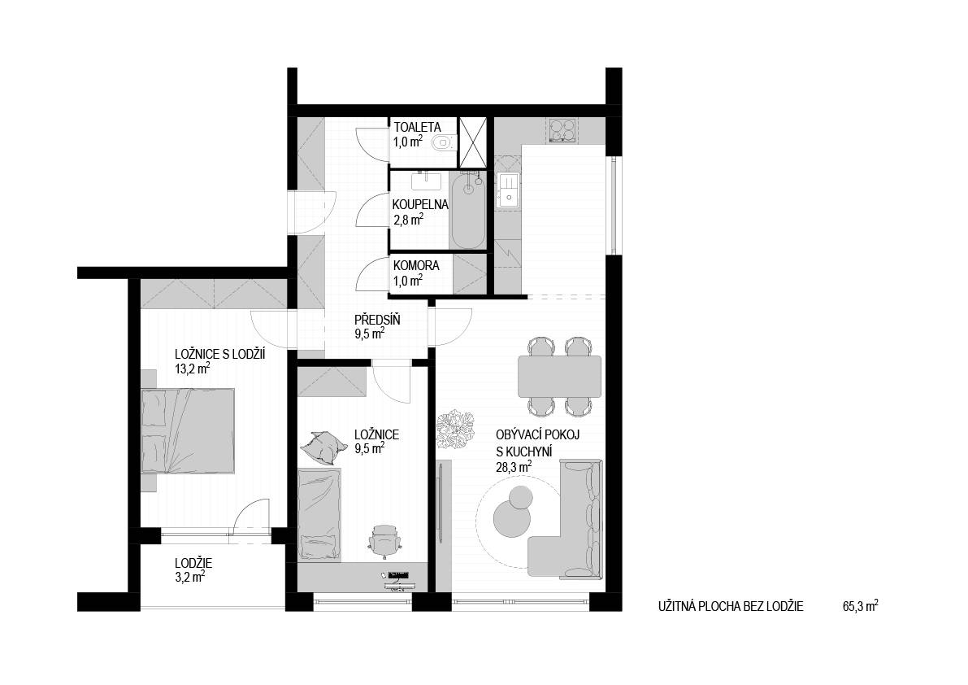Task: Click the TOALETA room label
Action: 417,128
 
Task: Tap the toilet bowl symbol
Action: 443,143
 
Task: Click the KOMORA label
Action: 417,265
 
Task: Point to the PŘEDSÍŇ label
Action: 377,321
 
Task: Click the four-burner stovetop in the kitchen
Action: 561,131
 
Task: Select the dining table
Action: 559,377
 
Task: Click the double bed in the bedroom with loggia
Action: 188,431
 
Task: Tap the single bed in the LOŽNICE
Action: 319,514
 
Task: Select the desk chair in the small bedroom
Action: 385,538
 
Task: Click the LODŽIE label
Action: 193,563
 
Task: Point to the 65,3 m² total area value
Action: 860,607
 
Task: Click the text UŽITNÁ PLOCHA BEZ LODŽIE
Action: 731,607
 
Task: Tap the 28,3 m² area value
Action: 514,467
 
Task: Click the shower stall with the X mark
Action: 472,142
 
